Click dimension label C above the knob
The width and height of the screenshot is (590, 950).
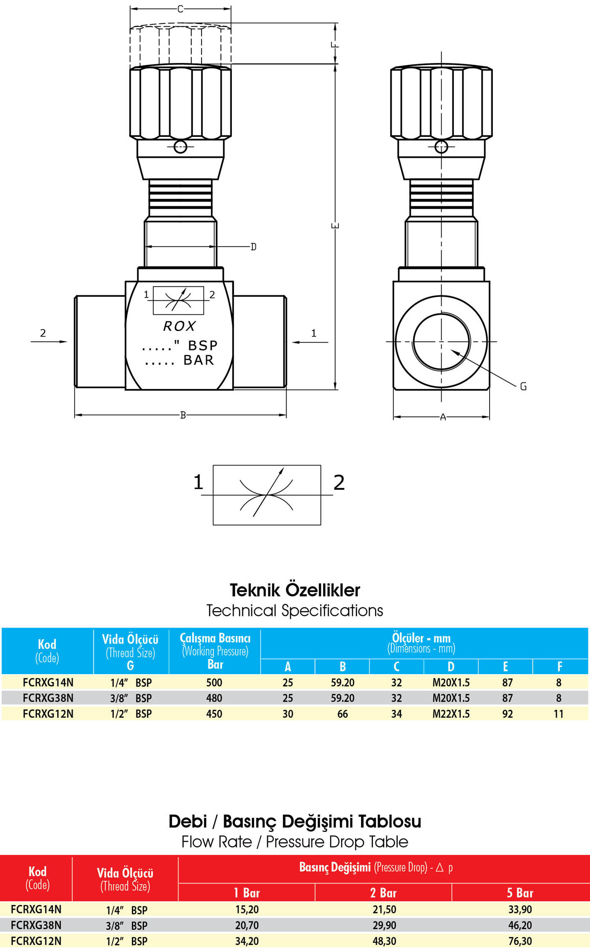[180, 9]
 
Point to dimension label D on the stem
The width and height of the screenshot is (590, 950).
[254, 247]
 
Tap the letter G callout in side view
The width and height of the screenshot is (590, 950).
[523, 386]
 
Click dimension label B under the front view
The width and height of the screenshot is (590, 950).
[183, 415]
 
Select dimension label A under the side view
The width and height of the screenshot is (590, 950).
[443, 417]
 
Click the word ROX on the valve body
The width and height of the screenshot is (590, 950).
[179, 326]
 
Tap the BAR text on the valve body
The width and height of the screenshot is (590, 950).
[199, 360]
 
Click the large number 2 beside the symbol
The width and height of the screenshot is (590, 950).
[339, 482]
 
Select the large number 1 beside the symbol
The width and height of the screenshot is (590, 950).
[198, 482]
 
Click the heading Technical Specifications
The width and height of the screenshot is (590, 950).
[295, 611]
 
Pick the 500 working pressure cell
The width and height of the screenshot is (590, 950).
[214, 682]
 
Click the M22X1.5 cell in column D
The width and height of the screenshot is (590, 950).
[451, 714]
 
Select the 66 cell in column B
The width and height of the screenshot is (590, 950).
[343, 714]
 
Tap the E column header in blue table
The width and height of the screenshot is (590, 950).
[506, 666]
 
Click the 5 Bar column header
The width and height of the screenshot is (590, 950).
[520, 893]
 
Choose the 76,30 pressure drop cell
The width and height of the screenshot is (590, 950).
[520, 941]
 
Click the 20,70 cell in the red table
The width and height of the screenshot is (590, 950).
[247, 925]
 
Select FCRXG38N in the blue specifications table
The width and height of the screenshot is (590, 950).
[48, 698]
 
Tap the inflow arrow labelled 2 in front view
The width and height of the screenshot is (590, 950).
[49, 341]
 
